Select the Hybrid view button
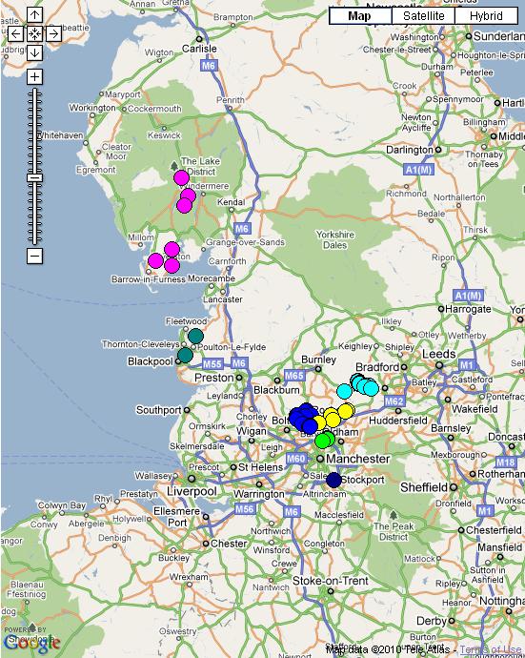[x=485, y=15]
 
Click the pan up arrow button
[x=34, y=15]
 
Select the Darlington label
[x=409, y=150]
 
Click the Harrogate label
[x=466, y=310]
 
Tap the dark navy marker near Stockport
[x=333, y=479]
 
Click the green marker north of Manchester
[x=324, y=440]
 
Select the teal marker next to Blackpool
[x=185, y=356]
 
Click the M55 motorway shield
[x=212, y=364]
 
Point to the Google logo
[x=31, y=643]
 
